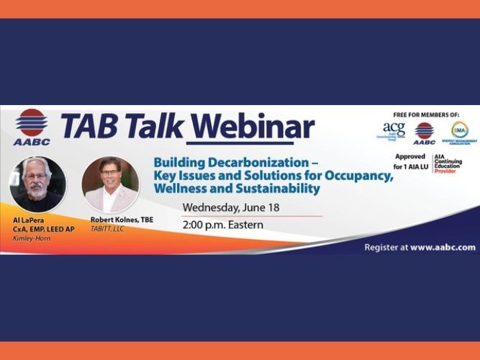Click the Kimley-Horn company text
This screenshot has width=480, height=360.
[30, 238]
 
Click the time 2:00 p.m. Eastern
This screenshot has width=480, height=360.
[222, 225]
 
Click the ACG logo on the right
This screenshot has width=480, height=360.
[394, 131]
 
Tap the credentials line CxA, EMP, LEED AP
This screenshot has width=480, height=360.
[41, 229]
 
